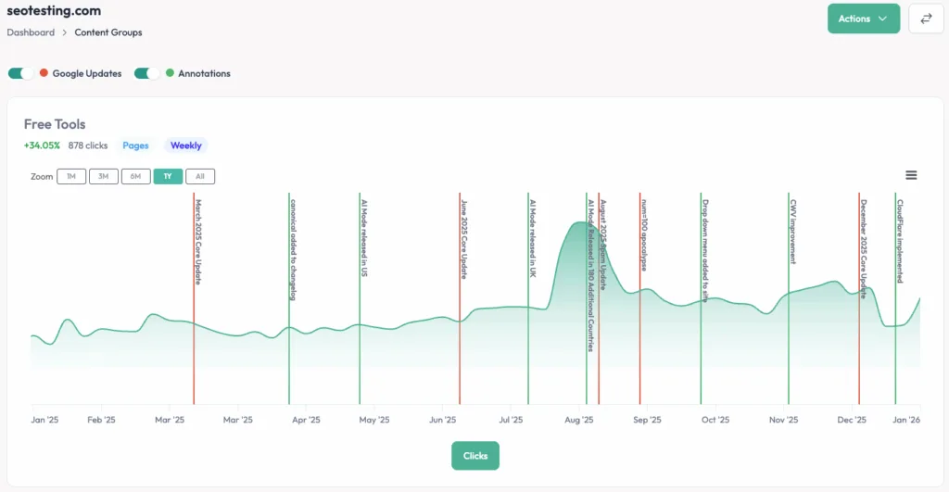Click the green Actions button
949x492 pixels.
[x=863, y=19]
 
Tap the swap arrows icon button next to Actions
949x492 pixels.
[x=925, y=19]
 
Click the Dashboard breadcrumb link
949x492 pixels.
[x=31, y=32]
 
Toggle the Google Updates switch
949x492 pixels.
[x=21, y=73]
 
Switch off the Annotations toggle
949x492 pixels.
[x=147, y=73]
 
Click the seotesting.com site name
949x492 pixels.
[x=54, y=11]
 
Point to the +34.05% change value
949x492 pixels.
[x=43, y=145]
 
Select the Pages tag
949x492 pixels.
[x=135, y=145]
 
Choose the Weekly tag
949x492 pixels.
[x=186, y=145]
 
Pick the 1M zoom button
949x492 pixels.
[x=71, y=176]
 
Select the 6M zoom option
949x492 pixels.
[x=135, y=176]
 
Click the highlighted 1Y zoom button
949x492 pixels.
[x=168, y=176]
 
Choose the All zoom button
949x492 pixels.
[x=199, y=176]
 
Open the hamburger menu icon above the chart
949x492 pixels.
[x=911, y=175]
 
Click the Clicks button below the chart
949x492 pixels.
[x=475, y=456]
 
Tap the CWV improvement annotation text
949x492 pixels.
[x=793, y=231]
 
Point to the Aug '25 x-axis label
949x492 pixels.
[x=579, y=420]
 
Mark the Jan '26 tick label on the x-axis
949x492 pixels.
[x=905, y=420]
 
